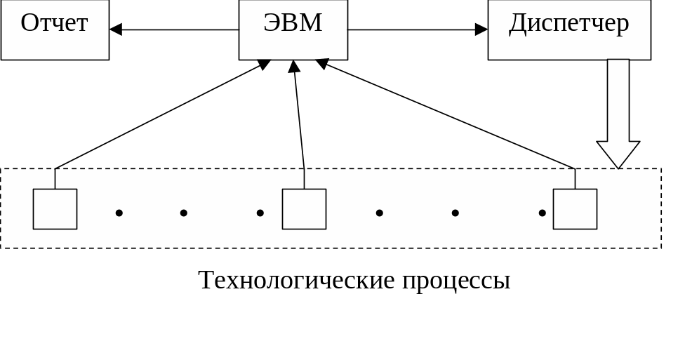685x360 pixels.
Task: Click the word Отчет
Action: coord(54,23)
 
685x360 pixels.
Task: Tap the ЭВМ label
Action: coord(293,23)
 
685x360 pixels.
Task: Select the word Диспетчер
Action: coord(568,23)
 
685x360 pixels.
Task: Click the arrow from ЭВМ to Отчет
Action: coord(175,29)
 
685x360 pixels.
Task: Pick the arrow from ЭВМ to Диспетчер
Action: coord(414,29)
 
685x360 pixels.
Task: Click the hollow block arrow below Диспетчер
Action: coord(618,105)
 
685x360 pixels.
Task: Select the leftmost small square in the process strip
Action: coord(55,209)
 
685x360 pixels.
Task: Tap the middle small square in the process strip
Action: coord(304,209)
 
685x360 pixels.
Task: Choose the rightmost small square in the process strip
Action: coord(575,209)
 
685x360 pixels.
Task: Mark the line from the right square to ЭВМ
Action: coord(449,116)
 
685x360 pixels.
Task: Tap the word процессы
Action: coord(456,281)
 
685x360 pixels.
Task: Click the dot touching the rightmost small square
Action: coord(542,213)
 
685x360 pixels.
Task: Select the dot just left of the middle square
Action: coord(260,213)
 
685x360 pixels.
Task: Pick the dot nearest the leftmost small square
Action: coord(119,213)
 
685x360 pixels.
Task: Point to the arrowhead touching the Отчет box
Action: coord(116,29)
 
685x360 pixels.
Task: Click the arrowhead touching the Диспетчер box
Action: coord(481,29)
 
